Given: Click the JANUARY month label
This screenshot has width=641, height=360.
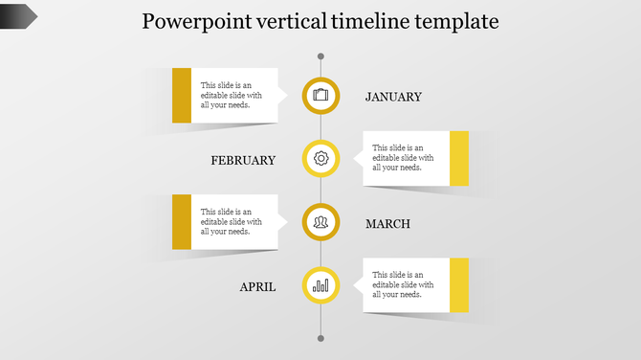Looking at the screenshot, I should tap(393, 97).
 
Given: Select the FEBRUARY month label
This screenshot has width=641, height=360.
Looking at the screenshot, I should tap(243, 160).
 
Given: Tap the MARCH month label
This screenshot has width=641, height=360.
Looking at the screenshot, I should tap(387, 224).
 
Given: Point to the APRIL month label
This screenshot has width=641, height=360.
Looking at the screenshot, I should tap(257, 286).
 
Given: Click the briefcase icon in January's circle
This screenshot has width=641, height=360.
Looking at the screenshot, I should tap(320, 95).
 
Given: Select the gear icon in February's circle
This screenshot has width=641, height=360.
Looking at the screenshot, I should tap(320, 158).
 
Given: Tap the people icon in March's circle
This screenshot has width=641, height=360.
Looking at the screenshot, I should tap(320, 222).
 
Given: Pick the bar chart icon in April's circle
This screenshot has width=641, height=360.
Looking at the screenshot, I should tap(320, 285).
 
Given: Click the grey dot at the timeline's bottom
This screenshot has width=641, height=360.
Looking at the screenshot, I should tap(320, 338).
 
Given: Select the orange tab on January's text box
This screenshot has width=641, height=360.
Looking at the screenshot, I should tap(181, 95).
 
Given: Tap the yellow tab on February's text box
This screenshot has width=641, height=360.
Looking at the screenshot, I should tap(459, 158).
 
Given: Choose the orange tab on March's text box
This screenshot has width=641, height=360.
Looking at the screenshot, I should tap(181, 222).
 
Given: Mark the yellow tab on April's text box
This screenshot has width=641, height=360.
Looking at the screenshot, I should tap(459, 285).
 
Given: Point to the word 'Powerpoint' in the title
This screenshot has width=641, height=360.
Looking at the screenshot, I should tap(191, 21).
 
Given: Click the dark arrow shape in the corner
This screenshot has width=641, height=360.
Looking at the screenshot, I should tap(18, 14).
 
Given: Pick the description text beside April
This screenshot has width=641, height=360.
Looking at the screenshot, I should tap(403, 285).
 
